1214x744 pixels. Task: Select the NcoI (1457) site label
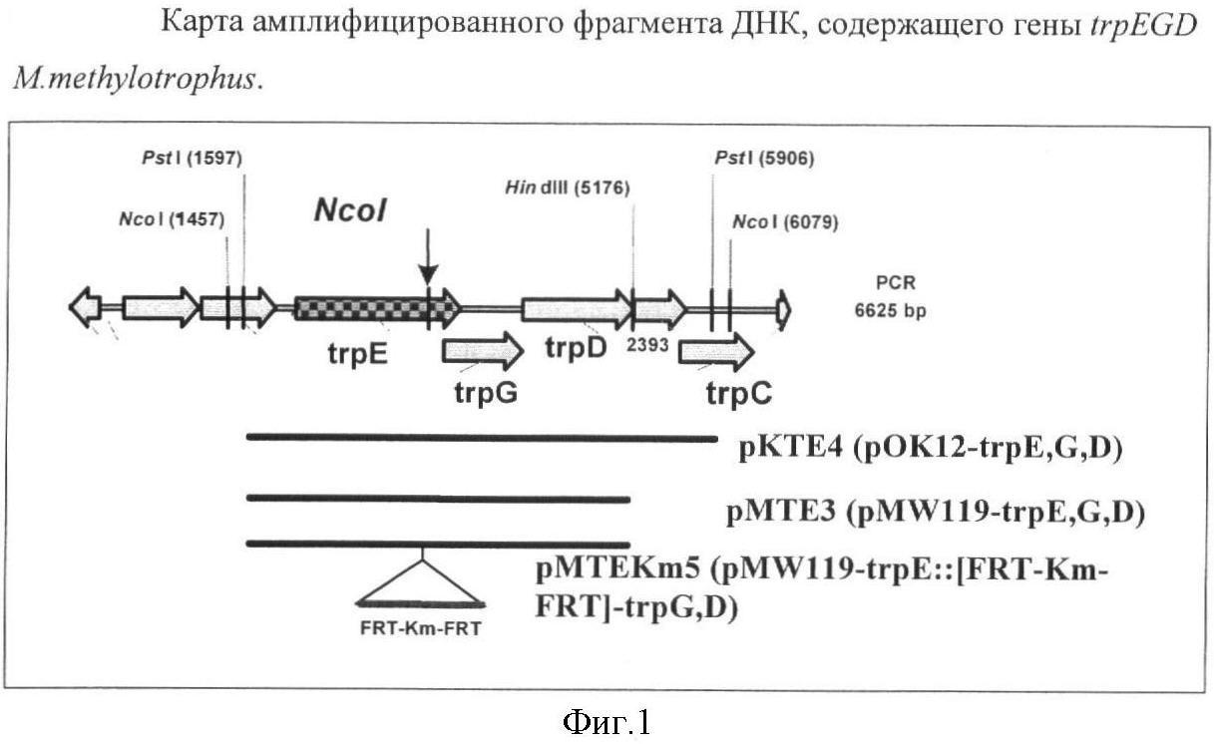(173, 218)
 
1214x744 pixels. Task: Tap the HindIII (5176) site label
(568, 187)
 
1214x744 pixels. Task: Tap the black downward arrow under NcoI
(428, 265)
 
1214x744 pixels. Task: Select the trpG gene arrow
(482, 350)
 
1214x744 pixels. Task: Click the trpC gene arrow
(715, 350)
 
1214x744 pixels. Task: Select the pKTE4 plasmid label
(931, 448)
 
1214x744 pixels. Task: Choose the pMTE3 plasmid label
(935, 512)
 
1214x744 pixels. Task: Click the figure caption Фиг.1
(607, 719)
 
